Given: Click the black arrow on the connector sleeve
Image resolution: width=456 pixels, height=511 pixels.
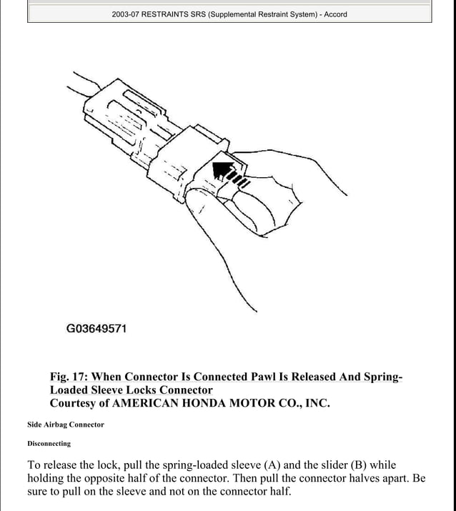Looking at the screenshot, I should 223,172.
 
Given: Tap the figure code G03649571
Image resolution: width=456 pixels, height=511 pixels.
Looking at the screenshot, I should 96,329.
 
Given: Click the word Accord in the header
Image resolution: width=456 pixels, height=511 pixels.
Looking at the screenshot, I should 335,14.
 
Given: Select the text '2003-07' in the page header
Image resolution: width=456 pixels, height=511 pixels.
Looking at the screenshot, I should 127,14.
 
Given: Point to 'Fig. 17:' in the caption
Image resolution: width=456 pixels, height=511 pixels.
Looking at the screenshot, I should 69,377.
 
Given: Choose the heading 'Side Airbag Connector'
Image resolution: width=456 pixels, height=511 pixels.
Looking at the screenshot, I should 66,425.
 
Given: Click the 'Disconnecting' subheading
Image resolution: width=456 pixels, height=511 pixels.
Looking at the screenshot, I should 49,444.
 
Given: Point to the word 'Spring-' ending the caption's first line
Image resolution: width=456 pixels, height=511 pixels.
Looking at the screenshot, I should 378,377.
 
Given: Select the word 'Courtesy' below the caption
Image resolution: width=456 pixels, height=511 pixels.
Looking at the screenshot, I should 74,403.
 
